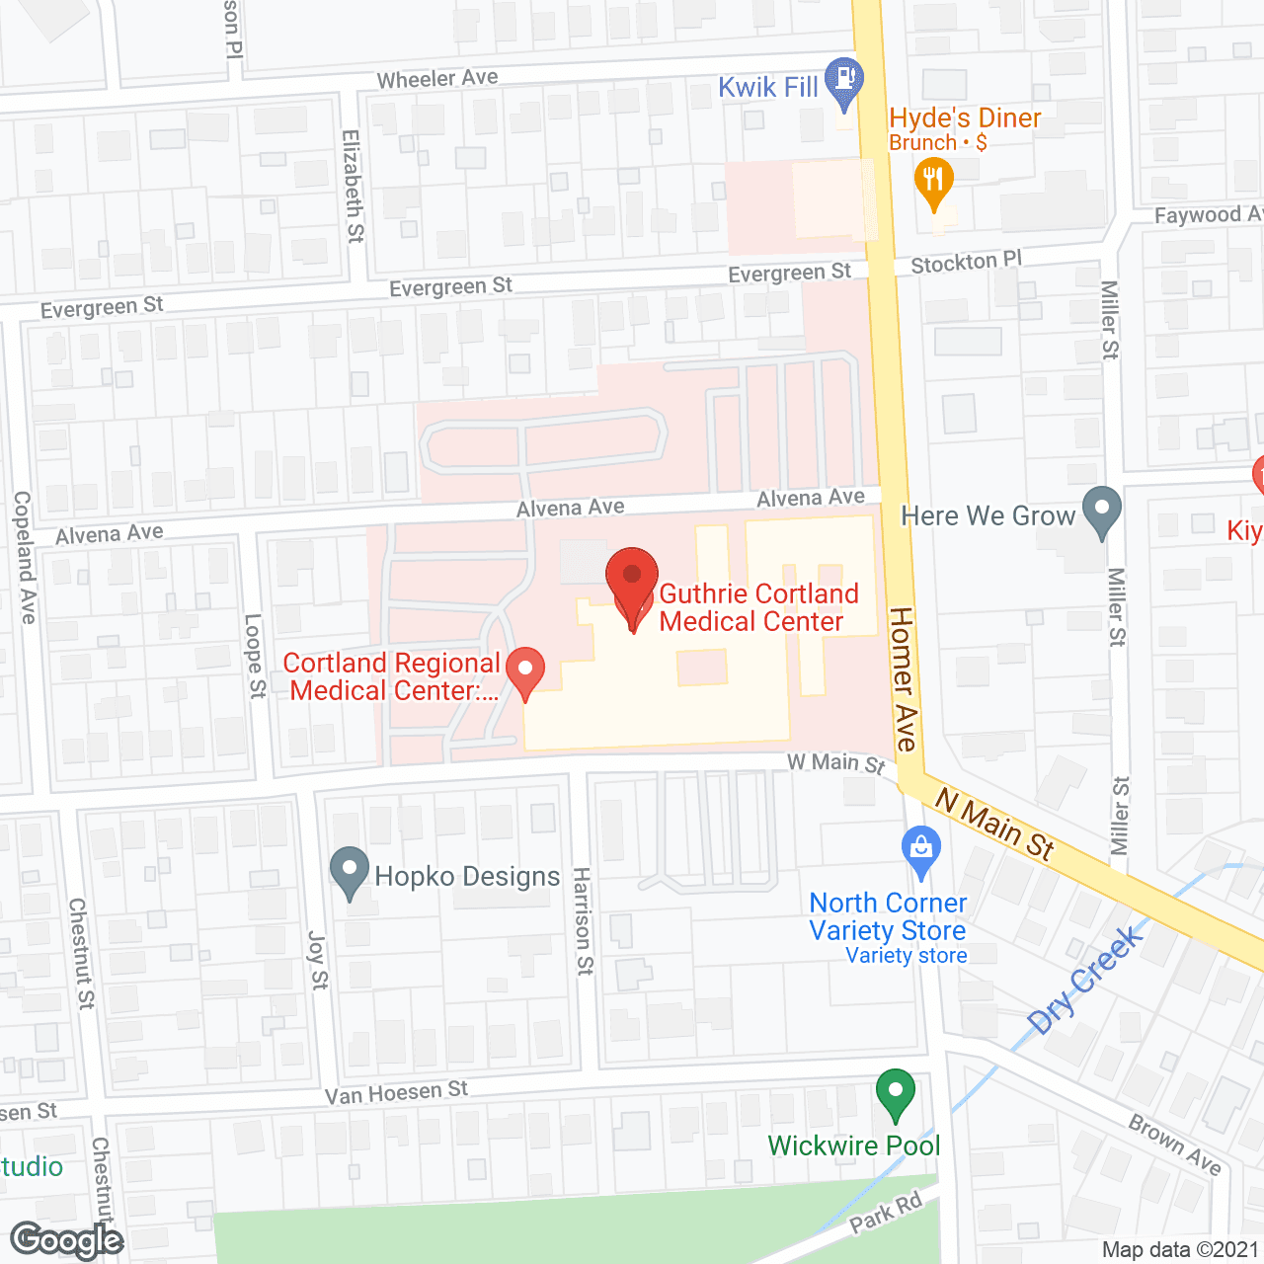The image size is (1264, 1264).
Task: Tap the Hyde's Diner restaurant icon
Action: (x=933, y=184)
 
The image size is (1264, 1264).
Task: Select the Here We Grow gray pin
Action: (x=1101, y=512)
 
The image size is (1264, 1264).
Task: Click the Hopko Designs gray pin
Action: (x=349, y=871)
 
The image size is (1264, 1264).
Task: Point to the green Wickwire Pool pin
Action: (x=896, y=1094)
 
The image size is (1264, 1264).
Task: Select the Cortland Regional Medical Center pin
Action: (x=525, y=671)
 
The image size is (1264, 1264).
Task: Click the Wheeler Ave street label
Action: (x=437, y=78)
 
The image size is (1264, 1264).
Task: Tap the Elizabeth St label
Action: (x=353, y=186)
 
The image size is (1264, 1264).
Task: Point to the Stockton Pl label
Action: (x=966, y=262)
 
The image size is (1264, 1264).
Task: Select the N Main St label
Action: (x=994, y=823)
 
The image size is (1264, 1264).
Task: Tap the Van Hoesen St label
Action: (x=396, y=1092)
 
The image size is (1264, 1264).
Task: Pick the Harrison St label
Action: (x=584, y=920)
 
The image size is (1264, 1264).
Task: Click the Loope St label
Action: (x=256, y=656)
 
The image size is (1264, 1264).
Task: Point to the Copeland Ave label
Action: (x=24, y=557)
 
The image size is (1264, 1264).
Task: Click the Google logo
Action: (x=66, y=1240)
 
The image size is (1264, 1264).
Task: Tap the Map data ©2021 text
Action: (x=1180, y=1250)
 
